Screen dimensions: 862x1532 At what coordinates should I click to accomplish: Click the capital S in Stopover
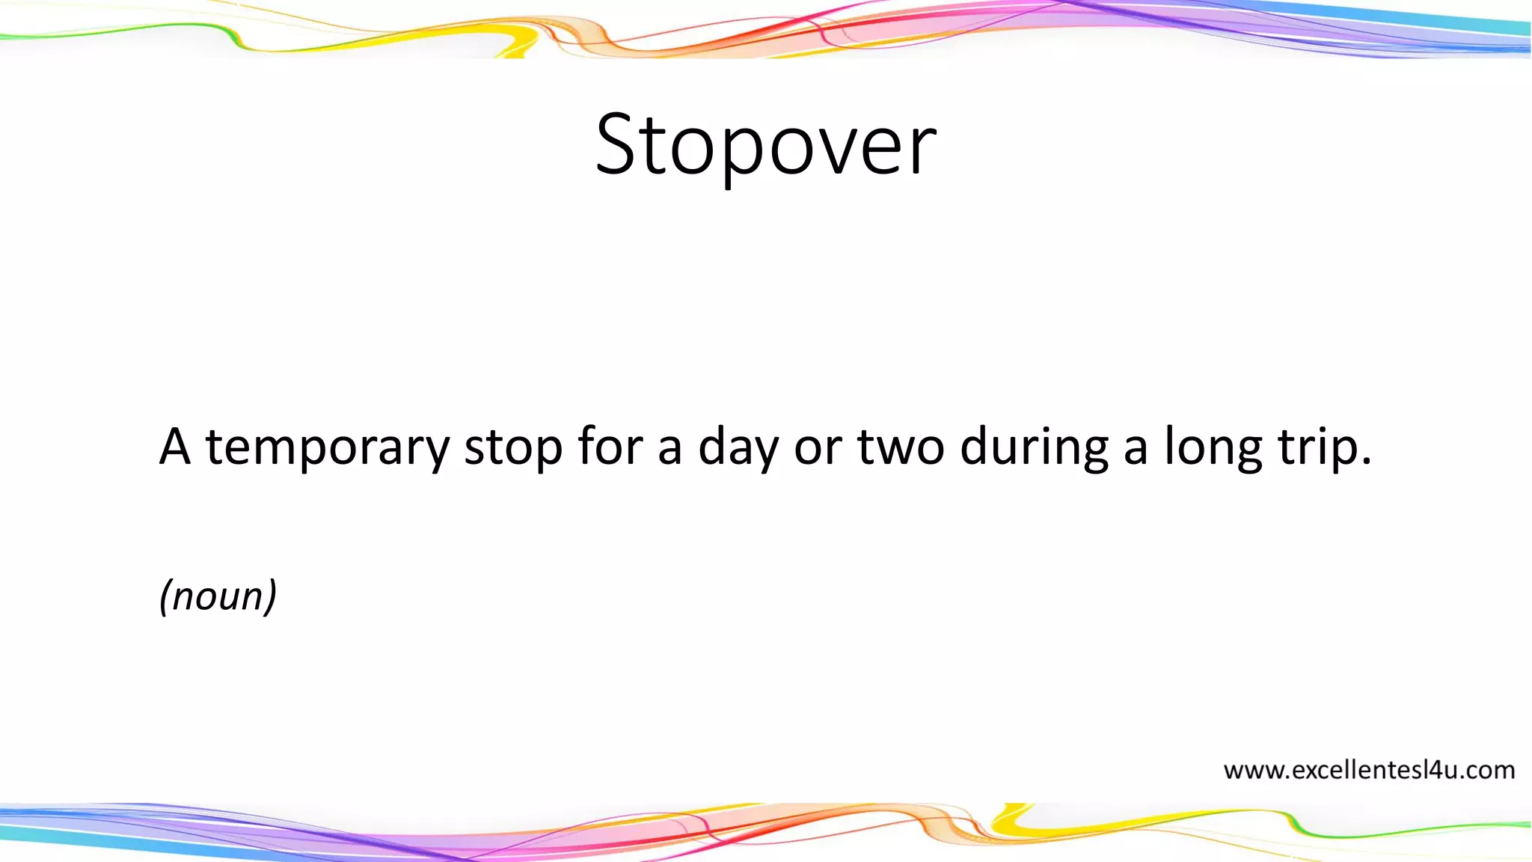pos(618,144)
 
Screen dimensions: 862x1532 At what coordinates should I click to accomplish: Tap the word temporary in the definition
pos(328,447)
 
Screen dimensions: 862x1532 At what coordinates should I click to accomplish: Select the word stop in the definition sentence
pos(512,447)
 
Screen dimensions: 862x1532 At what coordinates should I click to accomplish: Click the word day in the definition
pos(738,447)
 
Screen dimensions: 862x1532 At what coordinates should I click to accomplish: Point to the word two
pos(901,447)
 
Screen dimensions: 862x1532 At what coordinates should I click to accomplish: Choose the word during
pos(1034,447)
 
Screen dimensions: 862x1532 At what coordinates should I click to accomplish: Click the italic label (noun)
pos(218,596)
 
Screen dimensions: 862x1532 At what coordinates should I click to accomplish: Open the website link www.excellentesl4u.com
pos(1368,770)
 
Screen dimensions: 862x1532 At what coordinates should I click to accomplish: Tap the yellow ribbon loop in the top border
pos(516,37)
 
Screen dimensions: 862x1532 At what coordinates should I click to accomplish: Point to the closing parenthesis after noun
pos(272,596)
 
